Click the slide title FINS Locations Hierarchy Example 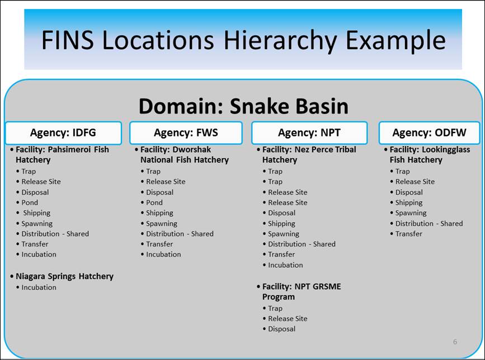[x=243, y=40]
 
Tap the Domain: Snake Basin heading [x=243, y=106]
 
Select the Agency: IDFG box [x=63, y=133]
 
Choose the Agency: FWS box [x=186, y=133]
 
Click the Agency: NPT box [x=309, y=133]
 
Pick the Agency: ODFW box [x=429, y=133]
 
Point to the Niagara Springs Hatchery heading [x=64, y=276]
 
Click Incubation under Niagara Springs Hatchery [x=39, y=287]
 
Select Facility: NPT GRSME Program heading [x=302, y=291]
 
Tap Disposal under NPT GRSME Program [x=281, y=329]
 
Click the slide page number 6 [x=455, y=342]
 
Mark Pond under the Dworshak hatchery [x=154, y=202]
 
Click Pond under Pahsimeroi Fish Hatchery [x=30, y=202]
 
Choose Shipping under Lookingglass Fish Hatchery [x=409, y=203]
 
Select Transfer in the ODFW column [x=408, y=234]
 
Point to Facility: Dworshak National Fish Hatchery [x=185, y=154]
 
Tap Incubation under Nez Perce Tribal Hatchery [x=285, y=265]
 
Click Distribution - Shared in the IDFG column [x=55, y=234]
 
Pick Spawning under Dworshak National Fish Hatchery [x=162, y=224]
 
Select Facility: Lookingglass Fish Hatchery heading [x=430, y=154]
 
